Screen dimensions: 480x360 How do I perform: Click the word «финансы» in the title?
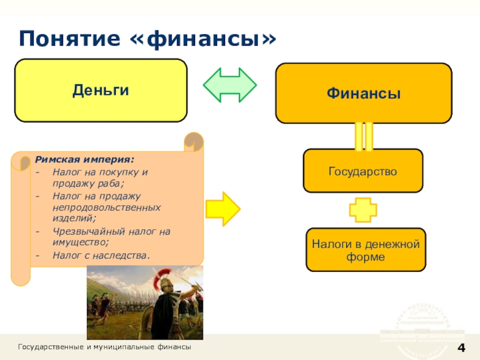point(203,39)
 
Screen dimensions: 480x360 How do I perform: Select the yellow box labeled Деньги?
point(101,91)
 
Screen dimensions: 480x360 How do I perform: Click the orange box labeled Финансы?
point(364,94)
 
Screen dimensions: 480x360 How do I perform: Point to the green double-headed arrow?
point(230,85)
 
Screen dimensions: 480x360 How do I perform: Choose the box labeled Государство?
point(363,171)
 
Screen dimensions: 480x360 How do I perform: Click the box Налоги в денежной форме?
point(365,250)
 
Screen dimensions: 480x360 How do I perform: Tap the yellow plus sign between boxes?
point(363,209)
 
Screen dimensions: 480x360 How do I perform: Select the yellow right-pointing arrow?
point(223,209)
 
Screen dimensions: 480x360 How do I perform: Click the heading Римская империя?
point(84,160)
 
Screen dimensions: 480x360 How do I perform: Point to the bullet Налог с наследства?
point(100,255)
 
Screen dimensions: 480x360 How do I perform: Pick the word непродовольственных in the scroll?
point(106,207)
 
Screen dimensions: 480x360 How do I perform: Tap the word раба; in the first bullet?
point(108,184)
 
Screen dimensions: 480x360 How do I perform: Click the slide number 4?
point(461,349)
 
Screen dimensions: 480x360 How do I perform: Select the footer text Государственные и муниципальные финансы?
point(105,348)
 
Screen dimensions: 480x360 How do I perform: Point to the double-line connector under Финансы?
point(364,136)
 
